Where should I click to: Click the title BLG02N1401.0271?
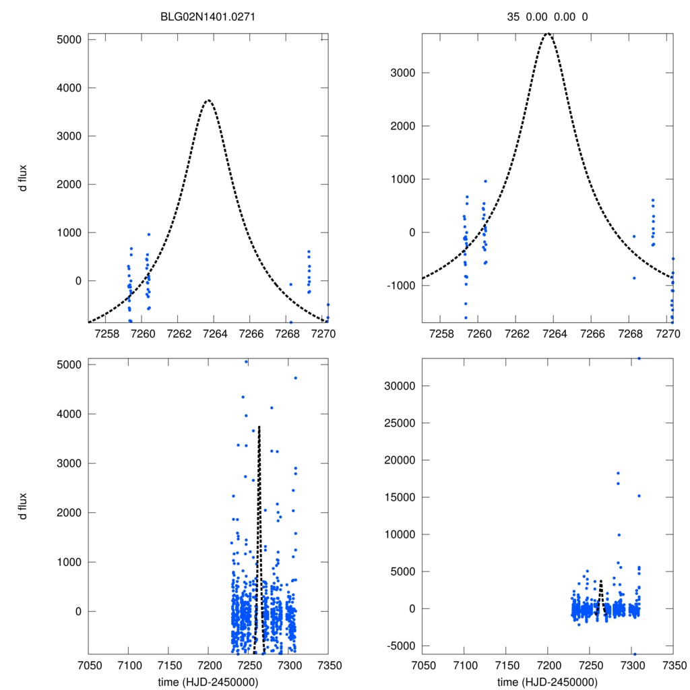pyautogui.click(x=207, y=18)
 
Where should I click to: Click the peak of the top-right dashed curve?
pyautogui.click(x=548, y=33)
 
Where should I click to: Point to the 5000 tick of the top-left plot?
pyautogui.click(x=67, y=39)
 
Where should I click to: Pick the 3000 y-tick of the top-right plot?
pyautogui.click(x=402, y=73)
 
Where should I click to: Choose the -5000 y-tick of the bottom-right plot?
pyautogui.click(x=400, y=646)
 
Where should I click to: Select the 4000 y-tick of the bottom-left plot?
pyautogui.click(x=67, y=414)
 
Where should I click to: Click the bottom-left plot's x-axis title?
pyautogui.click(x=208, y=681)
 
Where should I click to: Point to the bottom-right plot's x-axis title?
pyautogui.click(x=548, y=681)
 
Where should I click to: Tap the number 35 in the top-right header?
pyautogui.click(x=513, y=18)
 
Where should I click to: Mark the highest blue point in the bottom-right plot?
pyautogui.click(x=639, y=358)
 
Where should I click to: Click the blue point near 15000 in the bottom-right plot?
pyautogui.click(x=639, y=496)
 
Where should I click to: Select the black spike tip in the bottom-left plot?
pyautogui.click(x=259, y=427)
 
